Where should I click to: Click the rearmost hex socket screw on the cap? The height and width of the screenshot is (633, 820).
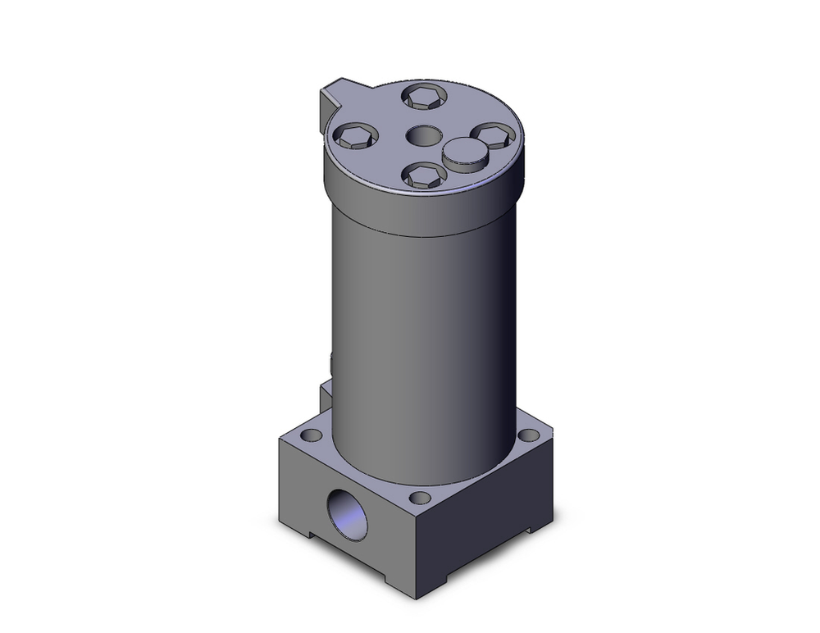pyautogui.click(x=424, y=97)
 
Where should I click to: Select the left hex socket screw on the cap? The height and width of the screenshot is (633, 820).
pyautogui.click(x=356, y=136)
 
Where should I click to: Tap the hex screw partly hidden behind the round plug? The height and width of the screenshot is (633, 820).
pyautogui.click(x=493, y=134)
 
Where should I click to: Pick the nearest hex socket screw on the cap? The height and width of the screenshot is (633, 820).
pyautogui.click(x=425, y=175)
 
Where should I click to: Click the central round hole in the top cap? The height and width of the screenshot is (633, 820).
pyautogui.click(x=424, y=135)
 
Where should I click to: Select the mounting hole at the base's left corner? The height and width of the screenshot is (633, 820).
pyautogui.click(x=310, y=435)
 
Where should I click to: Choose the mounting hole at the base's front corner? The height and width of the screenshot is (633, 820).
pyautogui.click(x=420, y=498)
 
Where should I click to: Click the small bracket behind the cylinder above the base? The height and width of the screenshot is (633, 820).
pyautogui.click(x=326, y=395)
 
